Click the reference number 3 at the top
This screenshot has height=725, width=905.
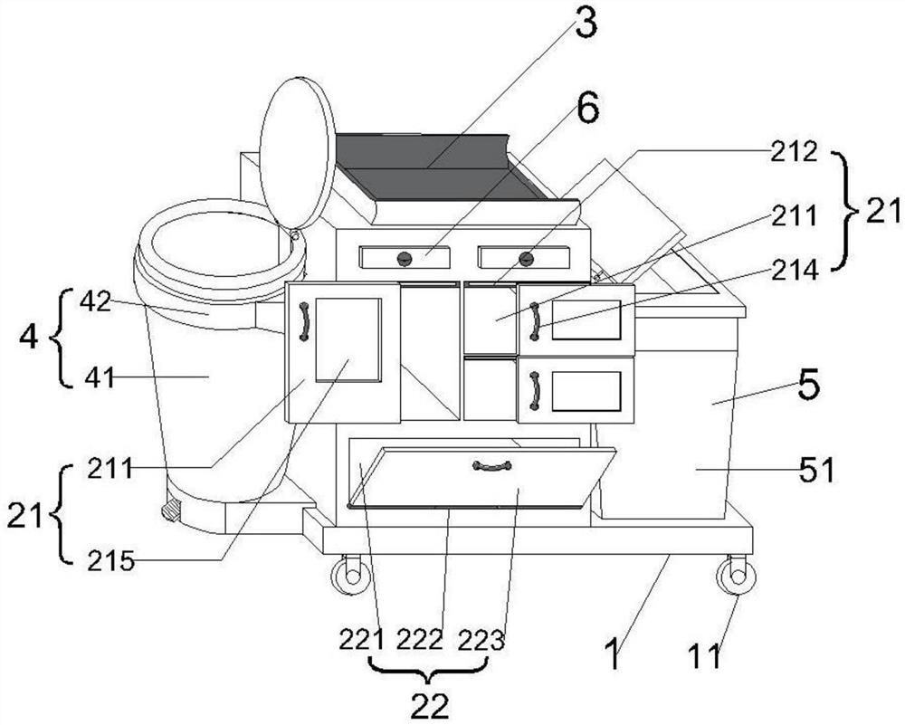click(586, 23)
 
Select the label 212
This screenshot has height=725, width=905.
click(795, 151)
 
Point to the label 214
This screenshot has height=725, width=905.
click(795, 270)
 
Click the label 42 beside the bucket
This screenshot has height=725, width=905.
click(96, 301)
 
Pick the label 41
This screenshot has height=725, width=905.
click(99, 378)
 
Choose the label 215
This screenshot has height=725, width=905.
click(111, 561)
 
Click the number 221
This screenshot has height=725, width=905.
click(361, 640)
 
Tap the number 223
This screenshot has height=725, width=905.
click(481, 640)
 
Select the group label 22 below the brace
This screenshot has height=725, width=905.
click(429, 705)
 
